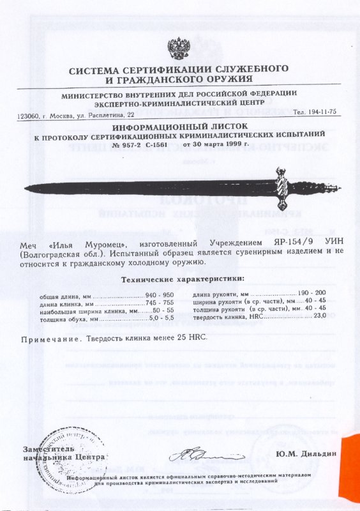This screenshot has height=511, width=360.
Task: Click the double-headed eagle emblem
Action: (x=179, y=48)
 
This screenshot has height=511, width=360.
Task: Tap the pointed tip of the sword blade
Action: (x=26, y=187)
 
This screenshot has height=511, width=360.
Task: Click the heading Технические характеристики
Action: (x=182, y=280)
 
